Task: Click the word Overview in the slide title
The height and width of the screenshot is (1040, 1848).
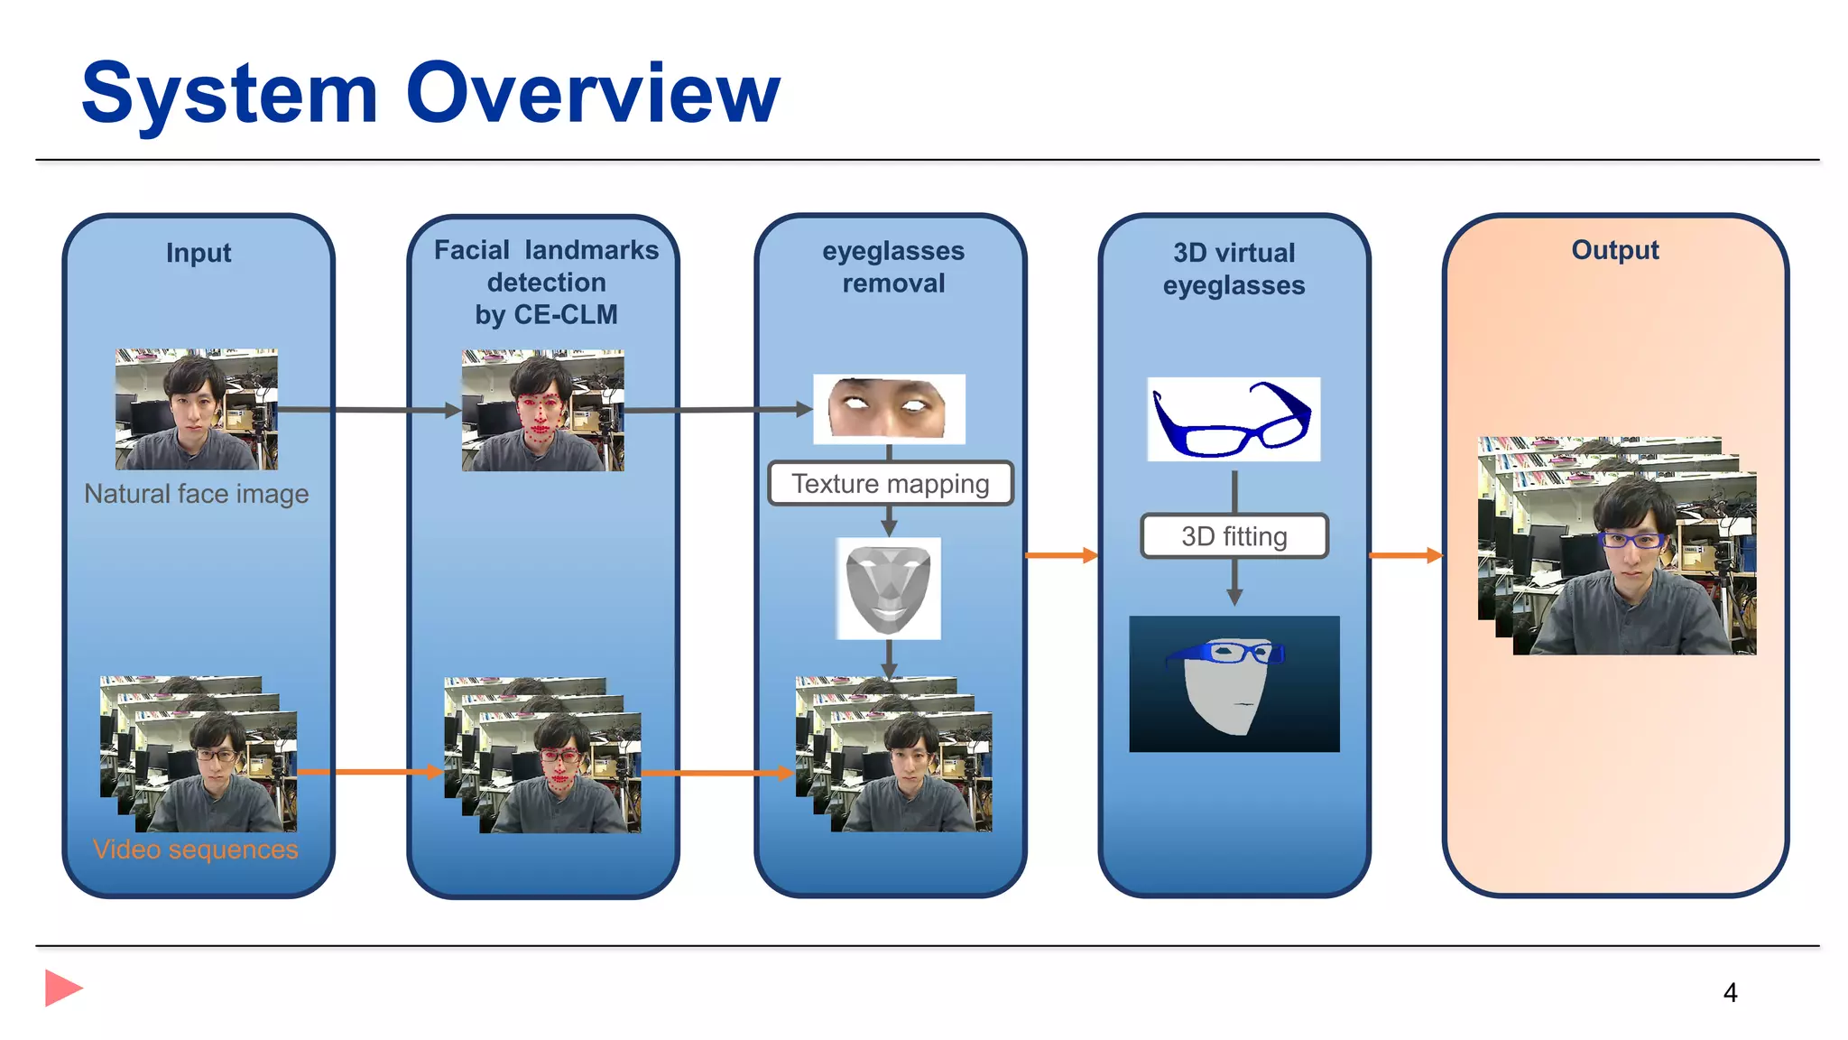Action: click(x=593, y=94)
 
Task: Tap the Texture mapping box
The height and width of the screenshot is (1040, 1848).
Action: click(x=890, y=484)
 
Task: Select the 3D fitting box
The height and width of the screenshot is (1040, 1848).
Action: click(x=1234, y=536)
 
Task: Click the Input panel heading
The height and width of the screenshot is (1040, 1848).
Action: click(x=199, y=253)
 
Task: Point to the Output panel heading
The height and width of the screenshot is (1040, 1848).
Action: click(x=1614, y=250)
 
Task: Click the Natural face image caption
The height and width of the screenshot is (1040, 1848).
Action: click(x=196, y=494)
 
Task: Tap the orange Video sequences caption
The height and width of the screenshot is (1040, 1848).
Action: click(x=195, y=850)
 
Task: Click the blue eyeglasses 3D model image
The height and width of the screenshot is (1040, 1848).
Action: click(x=1233, y=420)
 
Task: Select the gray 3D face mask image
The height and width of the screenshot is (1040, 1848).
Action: click(x=888, y=589)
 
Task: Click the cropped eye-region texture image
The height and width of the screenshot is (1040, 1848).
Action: click(x=889, y=409)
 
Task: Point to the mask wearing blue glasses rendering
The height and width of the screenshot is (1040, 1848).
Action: click(x=1234, y=683)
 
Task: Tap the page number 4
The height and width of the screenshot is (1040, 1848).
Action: click(x=1730, y=993)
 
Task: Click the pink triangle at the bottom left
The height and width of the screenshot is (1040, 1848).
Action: click(x=62, y=988)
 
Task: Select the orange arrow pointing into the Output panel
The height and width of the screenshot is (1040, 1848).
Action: click(x=1406, y=555)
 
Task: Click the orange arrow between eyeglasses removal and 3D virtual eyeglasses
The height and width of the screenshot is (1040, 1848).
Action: click(x=1061, y=555)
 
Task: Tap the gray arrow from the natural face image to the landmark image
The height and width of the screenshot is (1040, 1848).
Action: click(x=370, y=410)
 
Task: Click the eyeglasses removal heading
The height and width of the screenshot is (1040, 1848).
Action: click(x=892, y=267)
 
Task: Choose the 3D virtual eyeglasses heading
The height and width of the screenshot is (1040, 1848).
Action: click(x=1234, y=269)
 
